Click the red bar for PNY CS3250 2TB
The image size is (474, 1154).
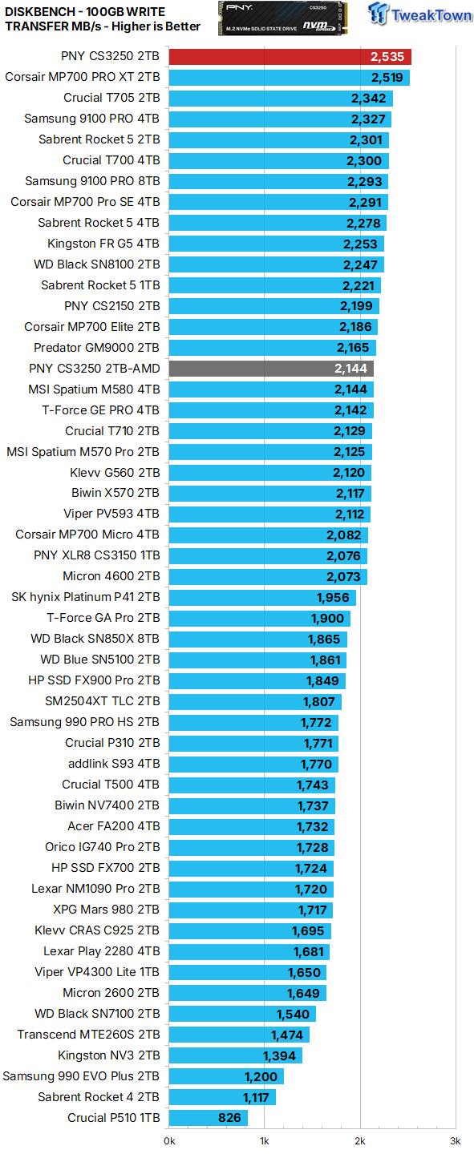pyautogui.click(x=290, y=57)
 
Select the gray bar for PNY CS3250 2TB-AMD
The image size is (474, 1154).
pyautogui.click(x=271, y=369)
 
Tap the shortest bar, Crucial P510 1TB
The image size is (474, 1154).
pyautogui.click(x=209, y=1118)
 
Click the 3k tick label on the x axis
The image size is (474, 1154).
pyautogui.click(x=455, y=1140)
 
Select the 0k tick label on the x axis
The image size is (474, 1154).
pyautogui.click(x=169, y=1140)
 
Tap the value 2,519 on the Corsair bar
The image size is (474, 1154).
pyautogui.click(x=387, y=78)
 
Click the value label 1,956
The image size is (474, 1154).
pyautogui.click(x=333, y=598)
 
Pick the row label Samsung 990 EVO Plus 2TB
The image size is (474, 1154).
pyautogui.click(x=81, y=1076)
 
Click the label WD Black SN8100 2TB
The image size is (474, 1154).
pyautogui.click(x=97, y=264)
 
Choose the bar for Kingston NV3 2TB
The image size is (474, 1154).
pyautogui.click(x=235, y=1055)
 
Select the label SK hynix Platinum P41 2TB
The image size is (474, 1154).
pyautogui.click(x=86, y=597)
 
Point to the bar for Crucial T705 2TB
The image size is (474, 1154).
pyautogui.click(x=281, y=99)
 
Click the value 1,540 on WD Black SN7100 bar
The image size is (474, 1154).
pyautogui.click(x=293, y=1014)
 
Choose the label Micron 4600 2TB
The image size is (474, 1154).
pyautogui.click(x=111, y=576)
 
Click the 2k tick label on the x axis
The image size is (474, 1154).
pyautogui.click(x=359, y=1140)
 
